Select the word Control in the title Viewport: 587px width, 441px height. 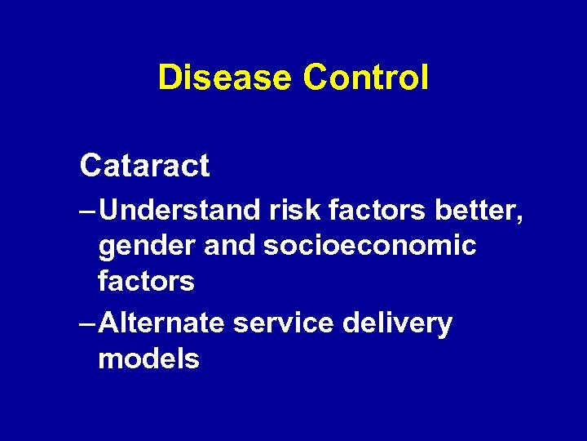click(x=365, y=78)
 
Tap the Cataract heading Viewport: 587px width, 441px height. click(x=144, y=166)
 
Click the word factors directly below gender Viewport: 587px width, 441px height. click(x=146, y=282)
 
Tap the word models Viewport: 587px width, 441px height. click(x=148, y=359)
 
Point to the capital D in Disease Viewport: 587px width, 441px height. click(x=169, y=78)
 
